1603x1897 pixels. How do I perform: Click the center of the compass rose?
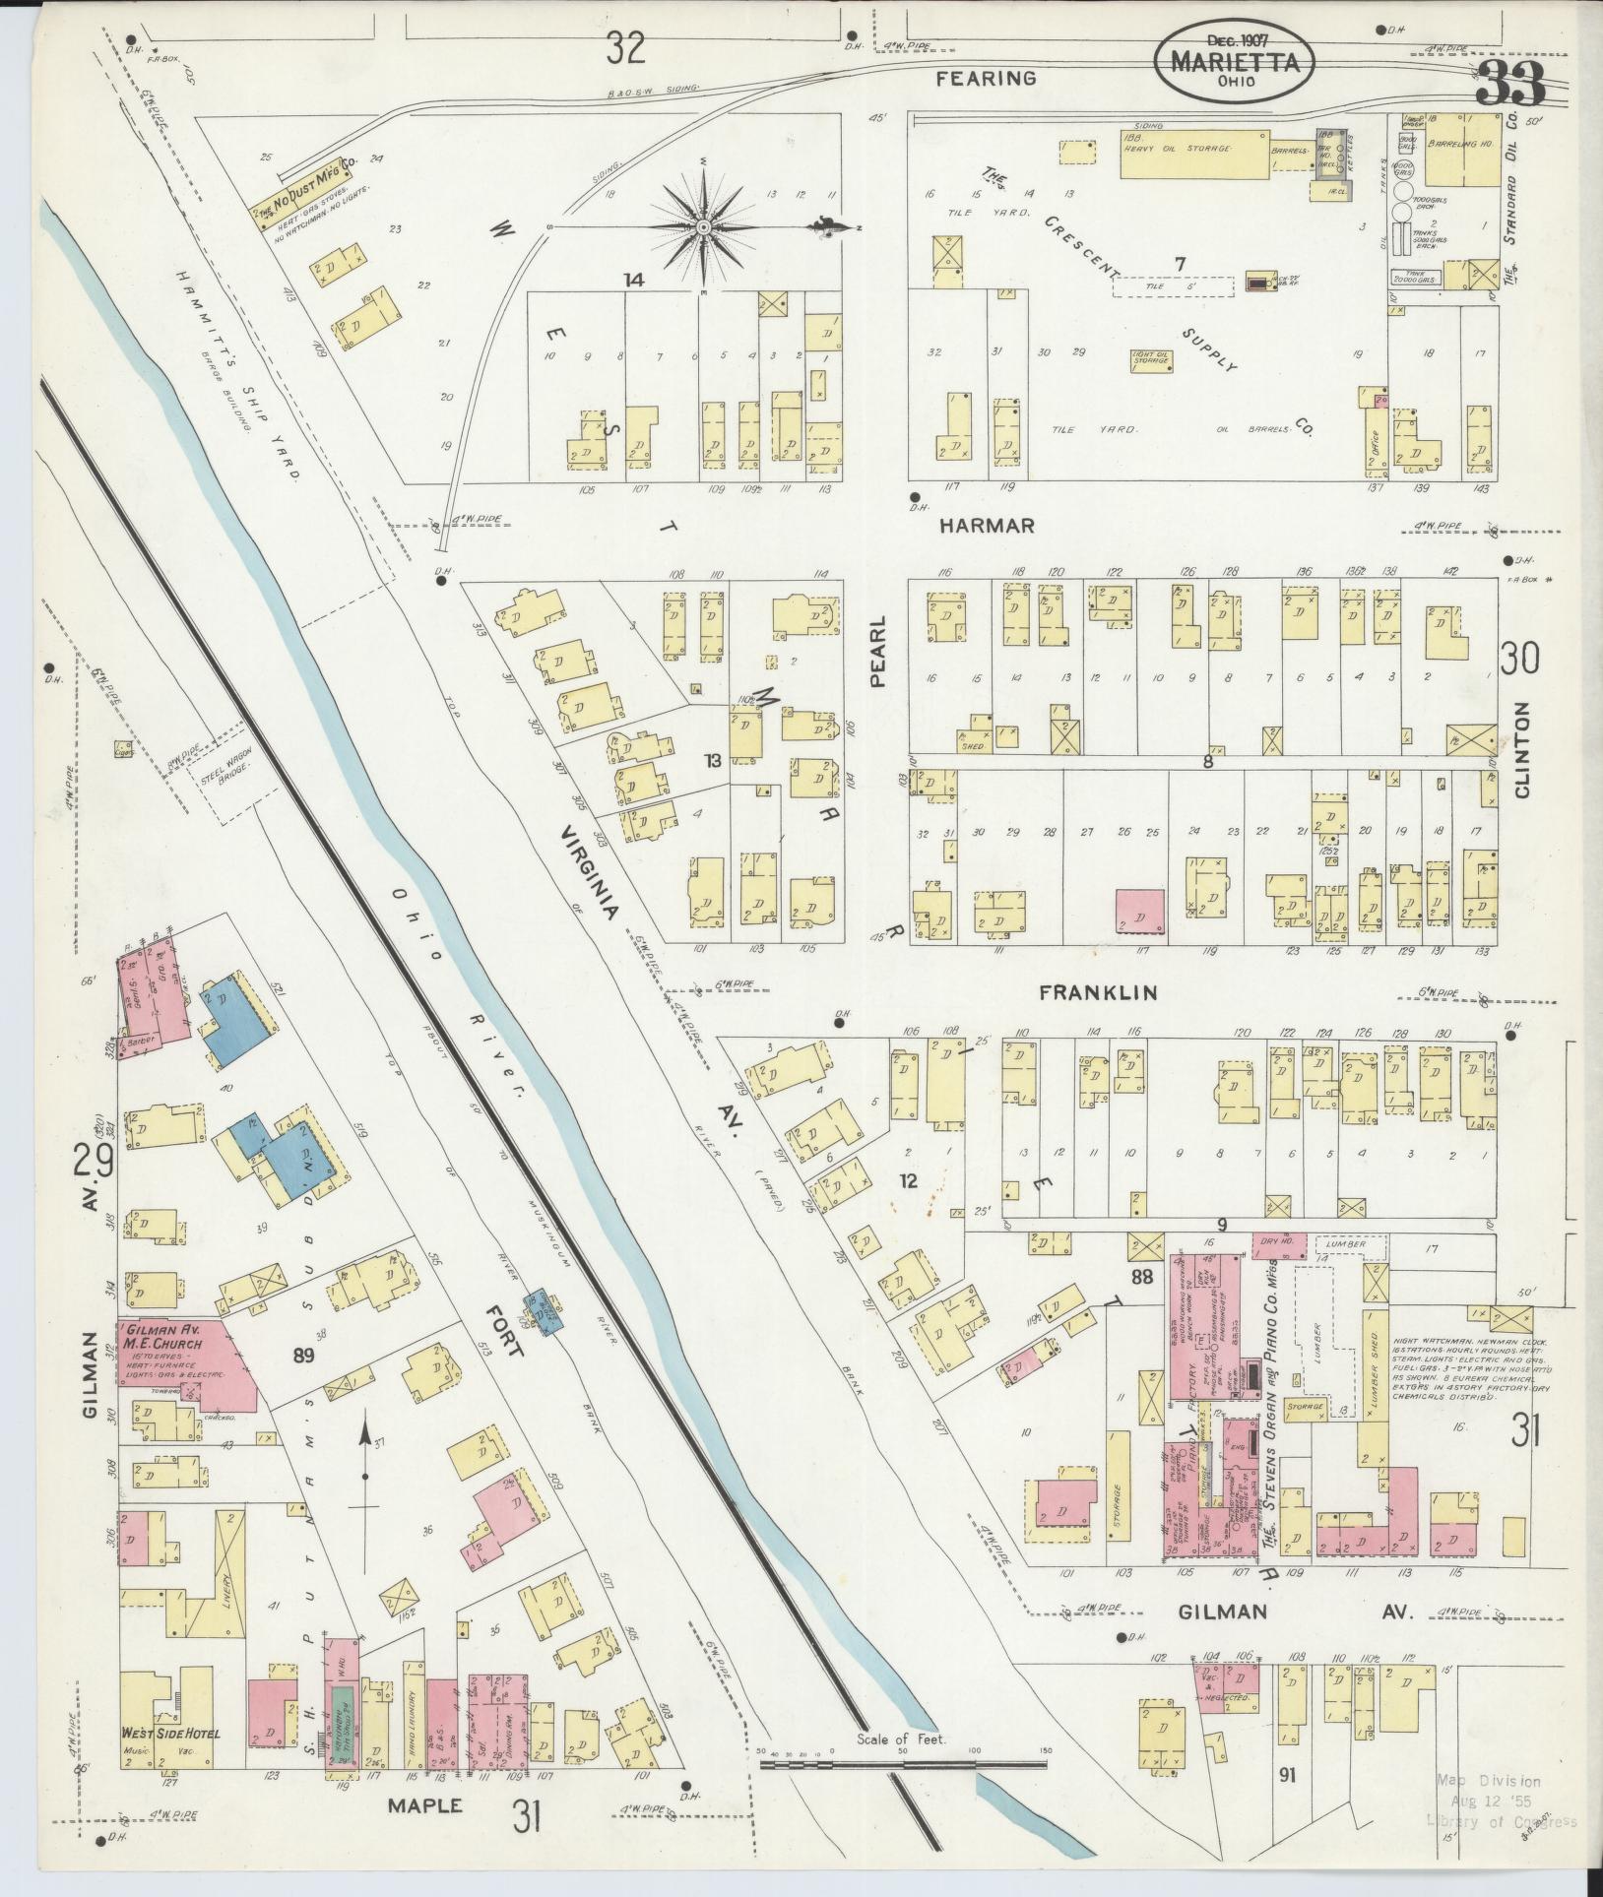tap(705, 227)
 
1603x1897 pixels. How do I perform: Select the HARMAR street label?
tap(987, 526)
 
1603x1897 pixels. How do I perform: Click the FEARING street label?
tap(987, 78)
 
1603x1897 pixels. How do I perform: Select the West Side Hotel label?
tap(170, 1733)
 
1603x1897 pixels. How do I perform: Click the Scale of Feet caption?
tap(901, 1739)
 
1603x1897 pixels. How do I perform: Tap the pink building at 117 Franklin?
tap(1140, 911)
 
